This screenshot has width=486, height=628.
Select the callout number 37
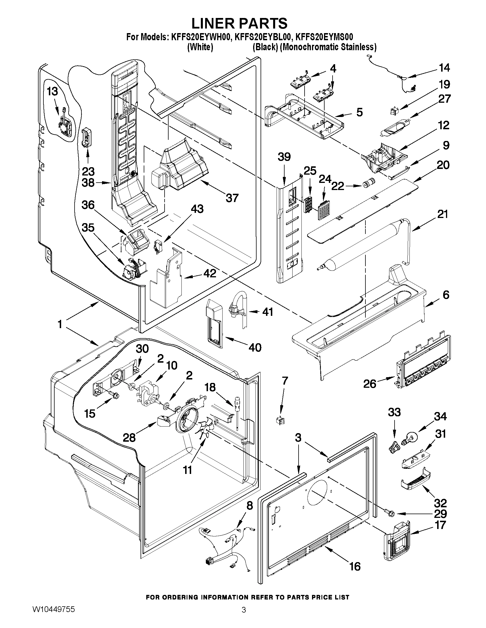coord(232,198)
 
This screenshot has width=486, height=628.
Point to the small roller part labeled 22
coord(369,183)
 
